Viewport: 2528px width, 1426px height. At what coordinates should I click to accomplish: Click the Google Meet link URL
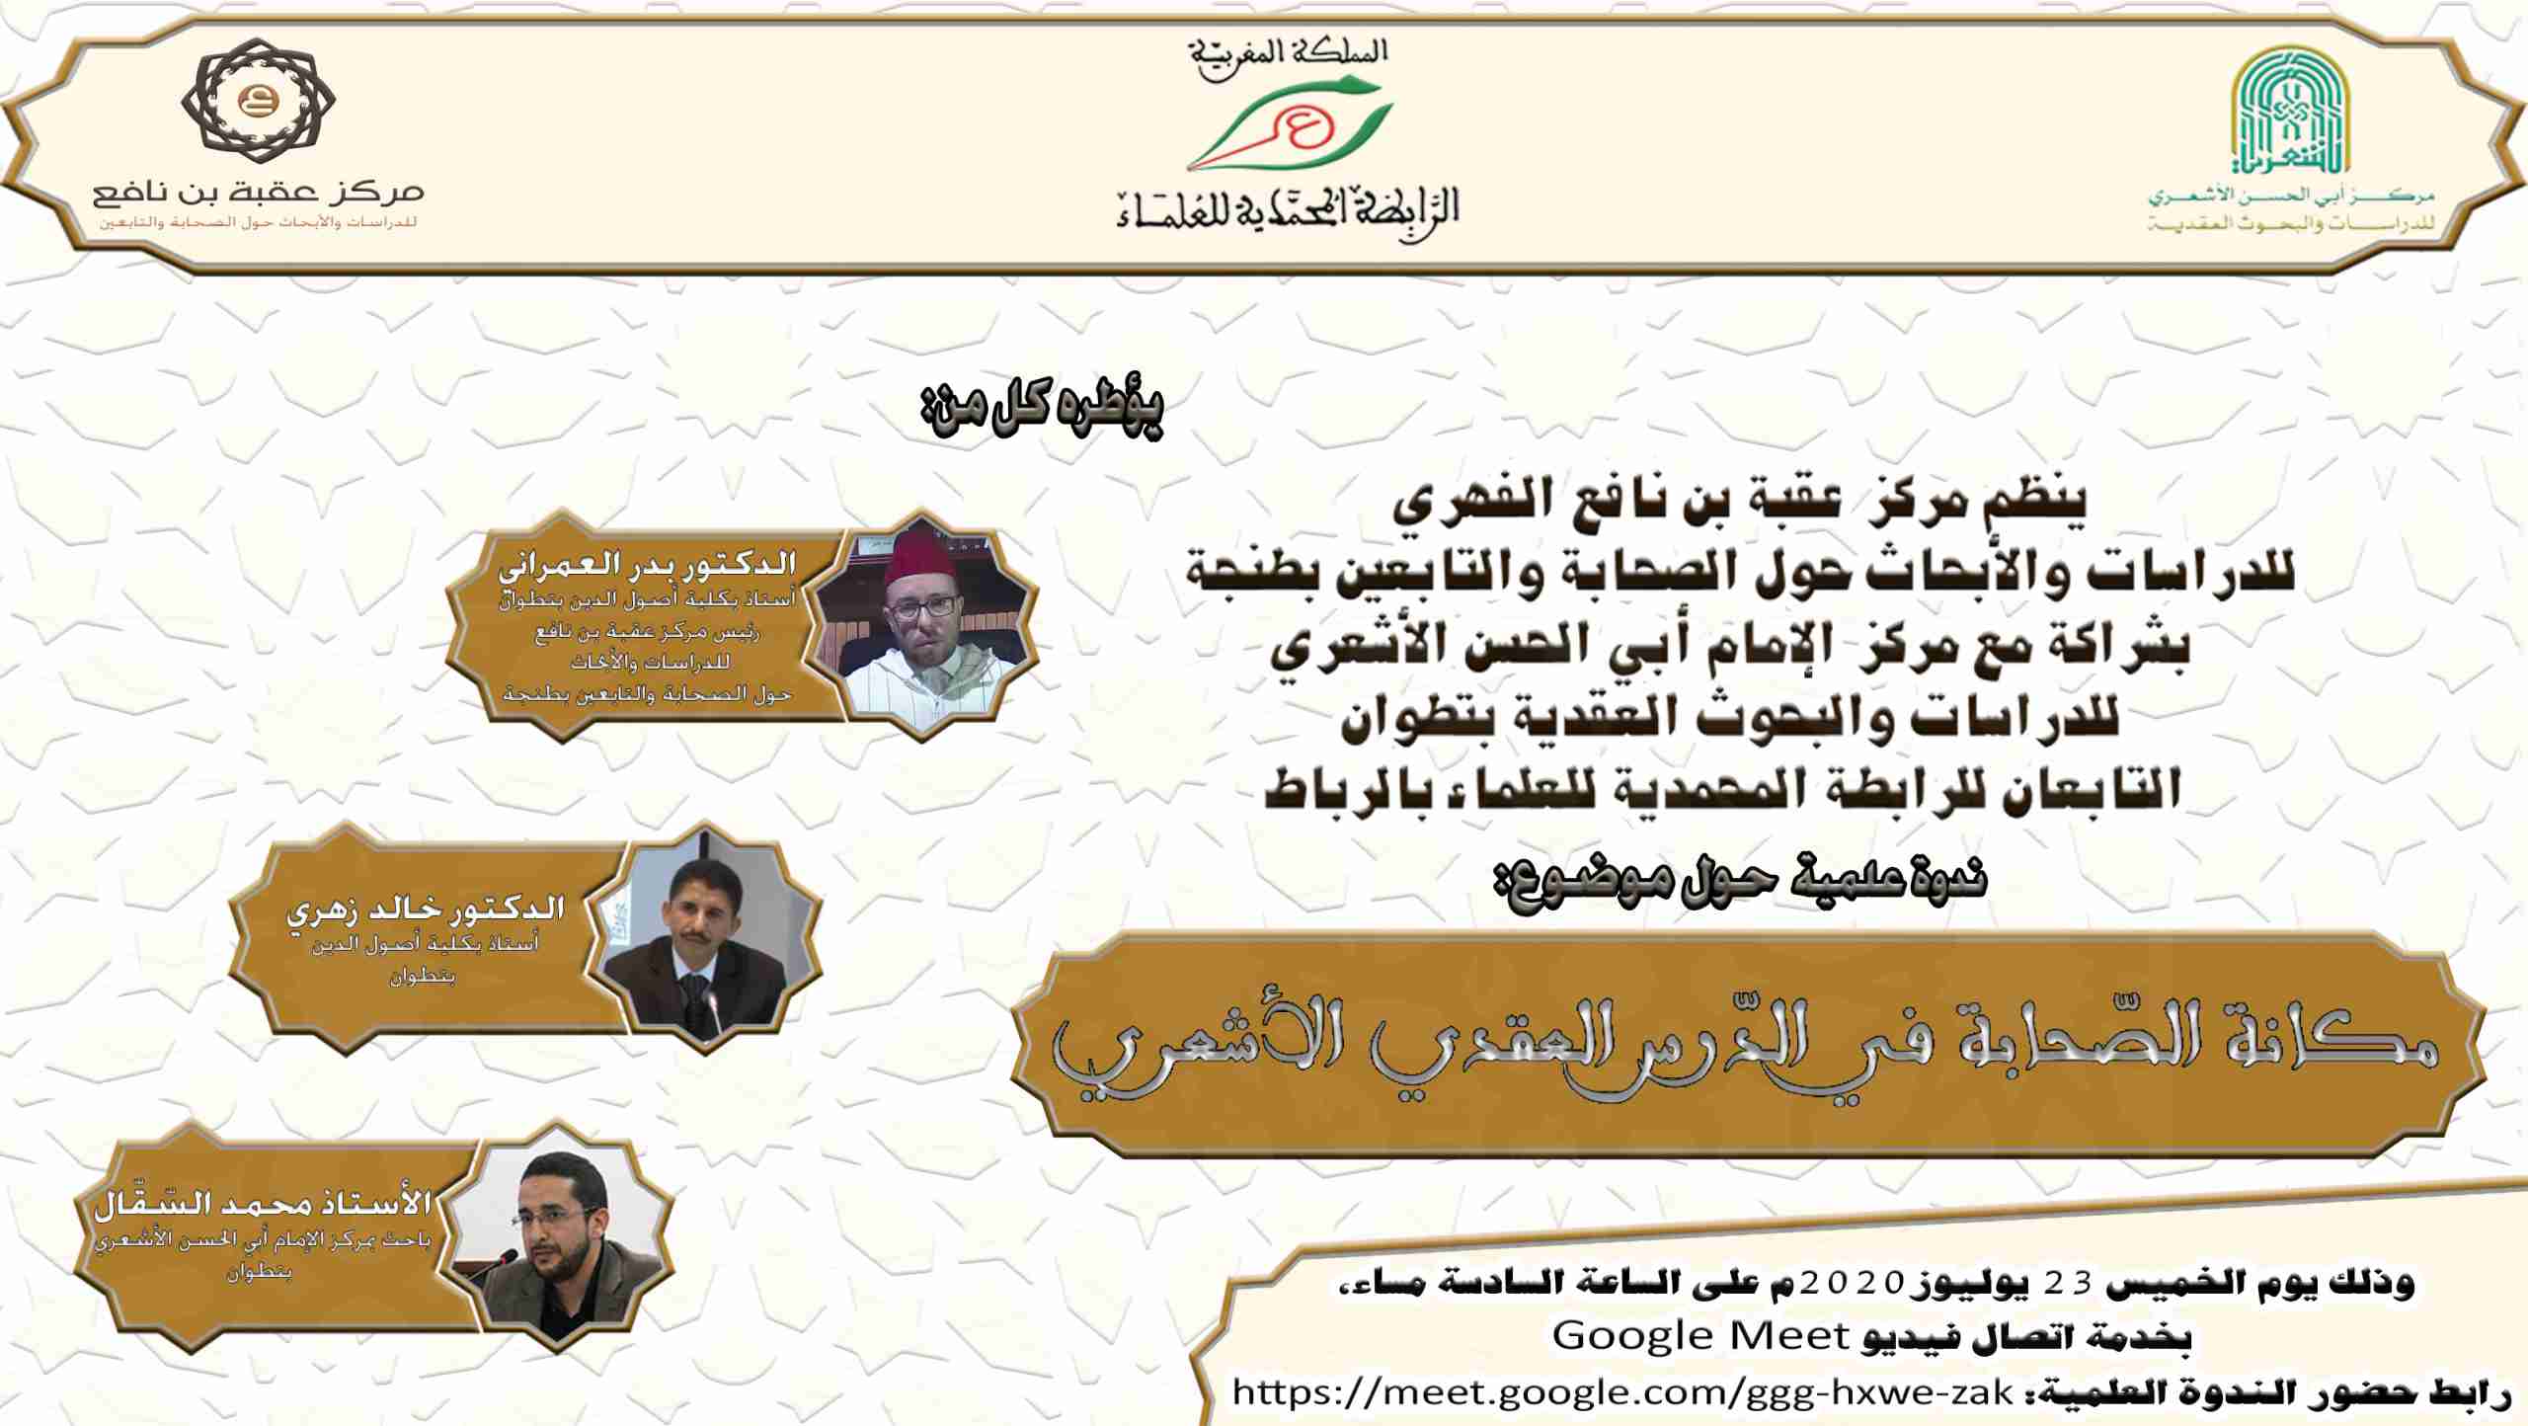pyautogui.click(x=1621, y=1392)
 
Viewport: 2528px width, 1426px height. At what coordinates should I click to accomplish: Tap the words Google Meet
pyautogui.click(x=1699, y=1336)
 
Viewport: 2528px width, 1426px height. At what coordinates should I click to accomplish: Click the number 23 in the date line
pyautogui.click(x=2068, y=1283)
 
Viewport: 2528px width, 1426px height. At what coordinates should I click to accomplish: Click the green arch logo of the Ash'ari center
pyautogui.click(x=2290, y=110)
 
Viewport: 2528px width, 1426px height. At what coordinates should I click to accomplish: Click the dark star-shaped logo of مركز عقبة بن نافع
pyautogui.click(x=259, y=101)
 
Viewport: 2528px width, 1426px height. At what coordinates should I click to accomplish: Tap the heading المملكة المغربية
pyautogui.click(x=1288, y=54)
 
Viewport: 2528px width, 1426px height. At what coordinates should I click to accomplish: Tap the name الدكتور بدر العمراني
pyautogui.click(x=647, y=566)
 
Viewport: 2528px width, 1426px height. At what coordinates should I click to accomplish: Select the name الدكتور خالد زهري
pyautogui.click(x=425, y=909)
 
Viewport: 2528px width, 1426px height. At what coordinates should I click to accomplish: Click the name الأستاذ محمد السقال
pyautogui.click(x=263, y=1202)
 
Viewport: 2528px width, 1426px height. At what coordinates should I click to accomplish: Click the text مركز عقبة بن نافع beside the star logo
pyautogui.click(x=259, y=192)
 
